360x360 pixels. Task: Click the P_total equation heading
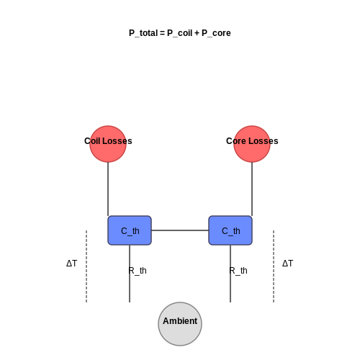pyautogui.click(x=180, y=33)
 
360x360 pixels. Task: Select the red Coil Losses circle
pyautogui.click(x=108, y=144)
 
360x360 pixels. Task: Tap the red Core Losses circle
pyautogui.click(x=252, y=144)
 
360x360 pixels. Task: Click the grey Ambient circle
pyautogui.click(x=180, y=324)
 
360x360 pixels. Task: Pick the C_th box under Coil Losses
pyautogui.click(x=130, y=230)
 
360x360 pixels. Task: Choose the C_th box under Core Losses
pyautogui.click(x=230, y=230)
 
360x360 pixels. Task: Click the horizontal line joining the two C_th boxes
pyautogui.click(x=180, y=230)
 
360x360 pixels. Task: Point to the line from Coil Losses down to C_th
pyautogui.click(x=108, y=189)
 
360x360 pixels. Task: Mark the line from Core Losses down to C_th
pyautogui.click(x=252, y=189)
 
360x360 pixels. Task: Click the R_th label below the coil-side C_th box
pyautogui.click(x=138, y=271)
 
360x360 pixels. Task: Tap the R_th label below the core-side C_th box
pyautogui.click(x=238, y=271)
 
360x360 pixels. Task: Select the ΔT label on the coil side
pyautogui.click(x=72, y=264)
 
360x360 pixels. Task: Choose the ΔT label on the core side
pyautogui.click(x=288, y=264)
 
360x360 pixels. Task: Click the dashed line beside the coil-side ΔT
pyautogui.click(x=86, y=266)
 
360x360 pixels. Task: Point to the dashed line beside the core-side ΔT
pyautogui.click(x=274, y=266)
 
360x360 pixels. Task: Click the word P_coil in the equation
pyautogui.click(x=180, y=33)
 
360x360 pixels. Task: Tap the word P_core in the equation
pyautogui.click(x=216, y=33)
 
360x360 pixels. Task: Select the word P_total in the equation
pyautogui.click(x=143, y=33)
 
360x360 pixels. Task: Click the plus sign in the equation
pyautogui.click(x=197, y=33)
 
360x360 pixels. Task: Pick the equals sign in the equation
pyautogui.click(x=163, y=33)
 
